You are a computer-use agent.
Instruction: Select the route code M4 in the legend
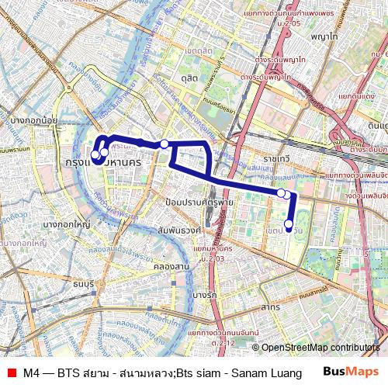[32, 372]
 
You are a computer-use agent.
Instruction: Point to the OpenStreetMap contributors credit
[320, 347]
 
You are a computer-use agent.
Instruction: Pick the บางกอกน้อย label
[35, 120]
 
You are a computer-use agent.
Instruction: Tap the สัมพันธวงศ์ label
[179, 230]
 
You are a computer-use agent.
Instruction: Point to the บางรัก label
[205, 295]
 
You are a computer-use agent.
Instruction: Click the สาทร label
[271, 307]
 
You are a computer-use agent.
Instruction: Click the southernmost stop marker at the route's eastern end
[289, 225]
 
